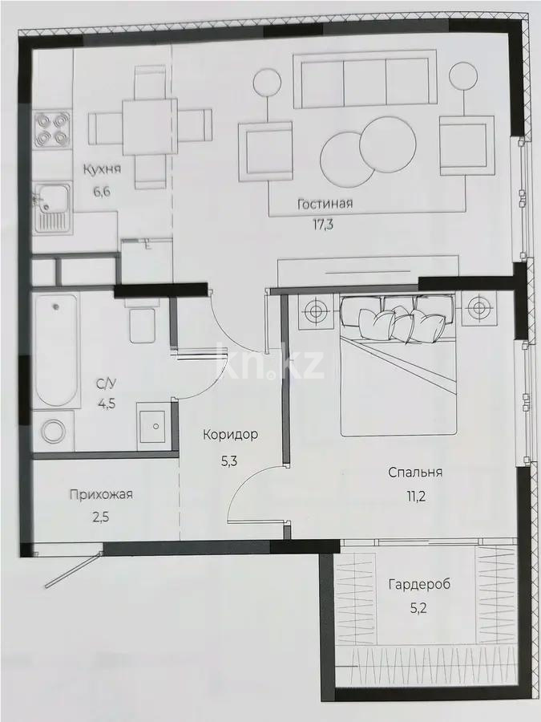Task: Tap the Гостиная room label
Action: [325, 204]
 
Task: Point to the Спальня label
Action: [415, 473]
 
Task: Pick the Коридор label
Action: [230, 435]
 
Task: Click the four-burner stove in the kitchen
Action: [49, 129]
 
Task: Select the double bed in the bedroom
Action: [398, 367]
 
